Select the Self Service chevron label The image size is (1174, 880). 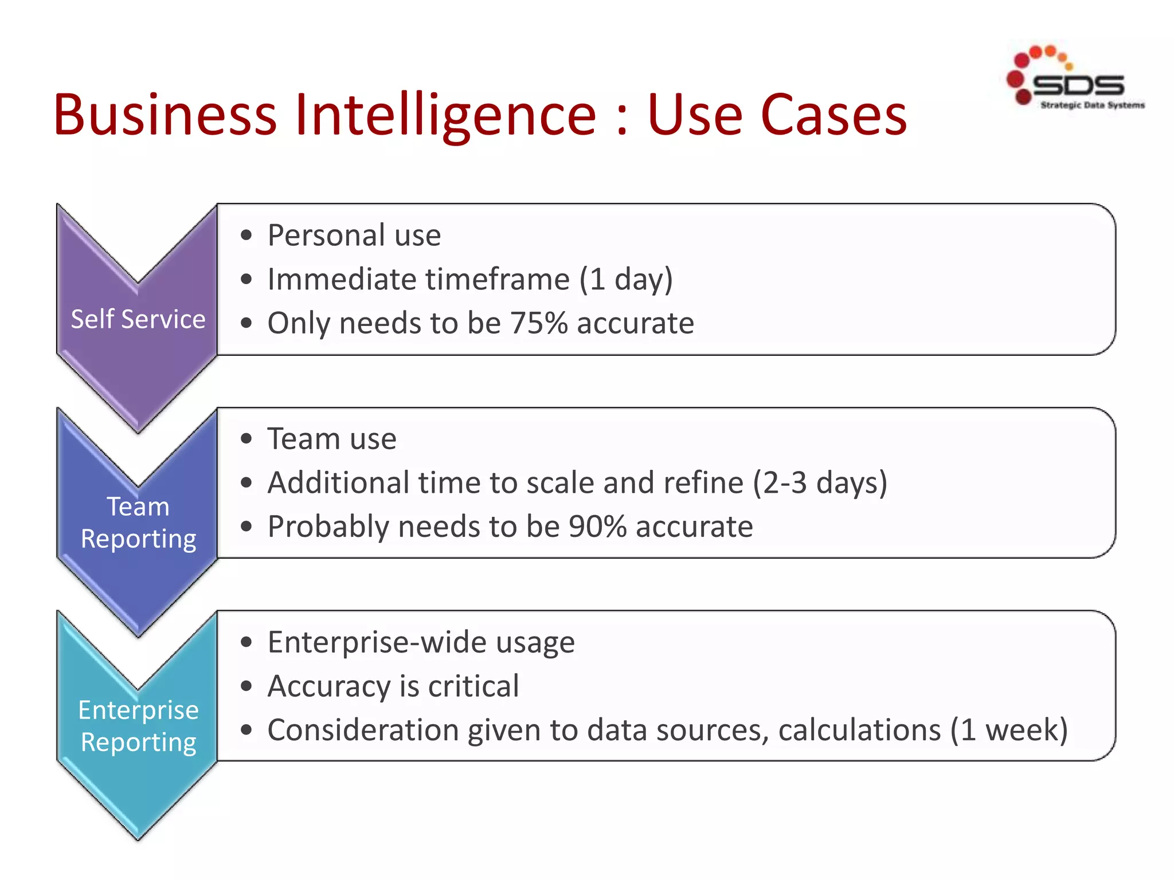click(138, 319)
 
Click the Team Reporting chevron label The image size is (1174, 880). click(138, 522)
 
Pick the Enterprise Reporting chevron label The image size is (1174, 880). click(138, 726)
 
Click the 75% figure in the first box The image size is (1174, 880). click(538, 323)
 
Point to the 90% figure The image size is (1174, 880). click(597, 527)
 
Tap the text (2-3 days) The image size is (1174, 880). click(820, 482)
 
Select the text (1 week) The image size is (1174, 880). click(1009, 730)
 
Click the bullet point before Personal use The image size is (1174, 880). click(246, 235)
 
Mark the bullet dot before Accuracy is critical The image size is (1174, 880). click(246, 686)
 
